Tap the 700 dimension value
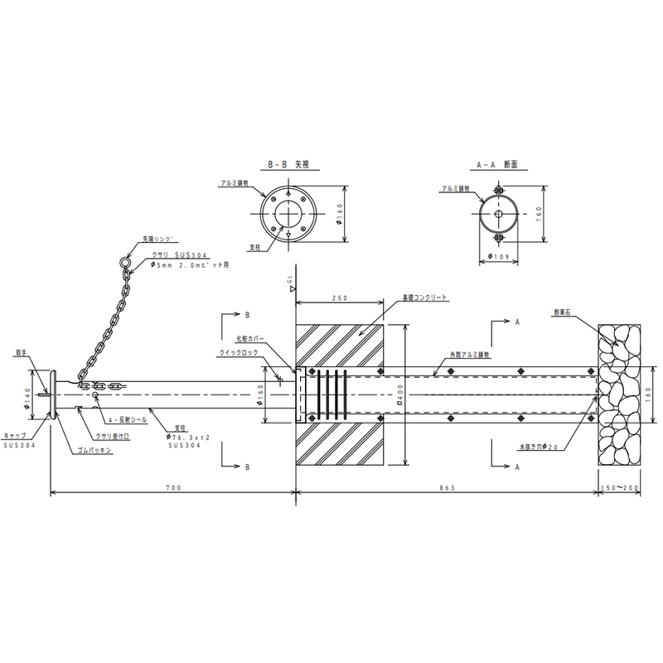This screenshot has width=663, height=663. coord(172,488)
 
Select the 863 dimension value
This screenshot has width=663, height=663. coord(448,488)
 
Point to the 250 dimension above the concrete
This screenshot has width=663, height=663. coord(338,297)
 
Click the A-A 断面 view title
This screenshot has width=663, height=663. coord(498,165)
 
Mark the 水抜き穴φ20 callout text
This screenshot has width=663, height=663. coord(539,448)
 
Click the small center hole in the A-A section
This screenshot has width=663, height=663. coord(498,215)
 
